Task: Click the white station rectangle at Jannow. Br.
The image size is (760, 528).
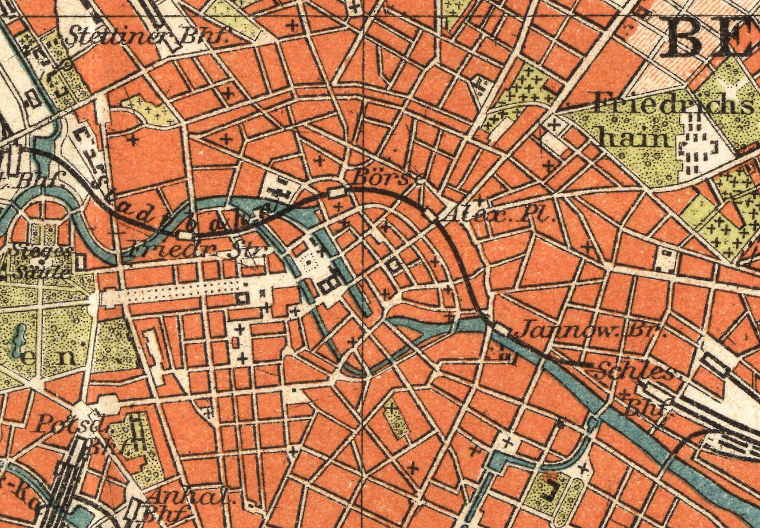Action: [502, 328]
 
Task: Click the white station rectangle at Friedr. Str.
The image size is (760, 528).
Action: [185, 235]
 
